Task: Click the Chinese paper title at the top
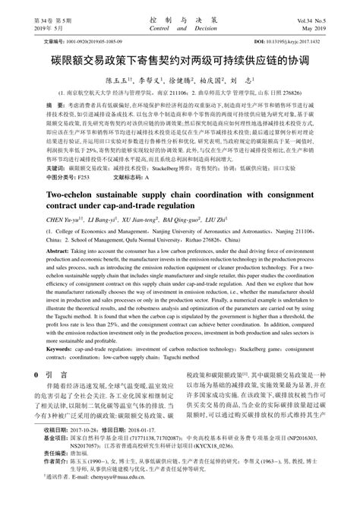pyautogui.click(x=179, y=60)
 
